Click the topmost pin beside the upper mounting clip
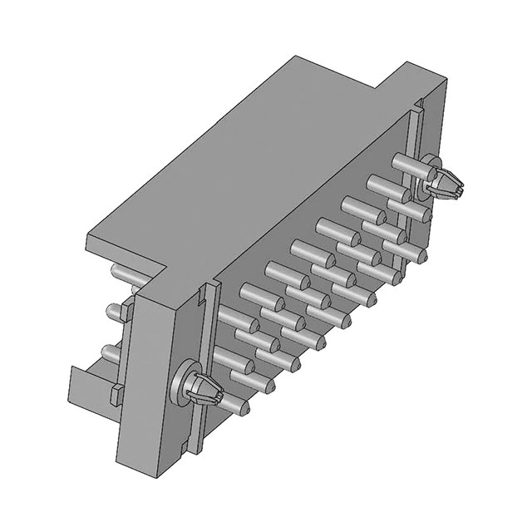coord(405,165)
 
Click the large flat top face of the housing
coord(241,166)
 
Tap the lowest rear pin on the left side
coord(110,350)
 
